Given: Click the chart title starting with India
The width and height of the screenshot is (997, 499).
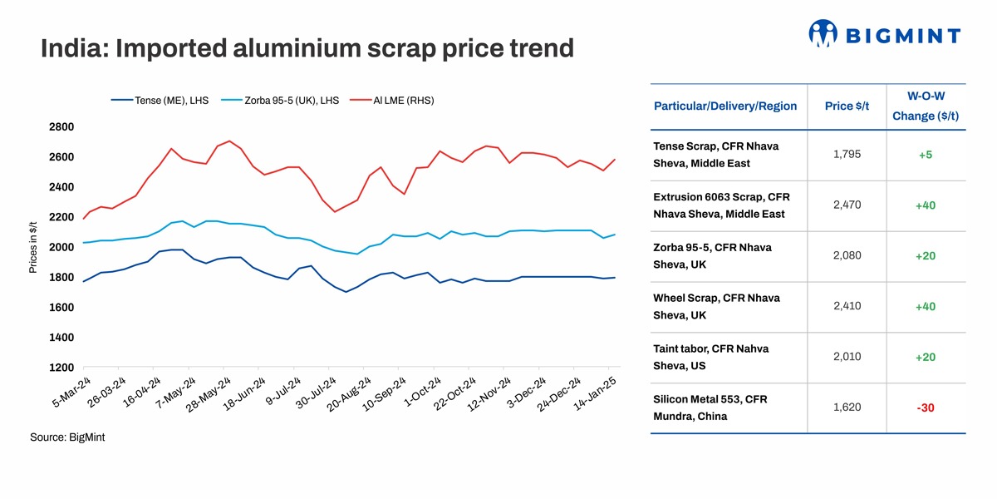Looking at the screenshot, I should coord(307,48).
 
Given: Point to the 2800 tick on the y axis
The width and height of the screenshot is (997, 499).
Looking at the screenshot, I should coord(61,127).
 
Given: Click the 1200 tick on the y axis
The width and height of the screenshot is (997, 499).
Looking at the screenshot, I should coord(61,368).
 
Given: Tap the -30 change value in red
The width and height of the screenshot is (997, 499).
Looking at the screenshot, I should coord(926,408).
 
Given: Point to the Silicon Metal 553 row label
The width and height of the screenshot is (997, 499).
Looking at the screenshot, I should coord(710,408).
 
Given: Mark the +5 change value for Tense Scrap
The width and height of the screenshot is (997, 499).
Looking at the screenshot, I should coord(926,155).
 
